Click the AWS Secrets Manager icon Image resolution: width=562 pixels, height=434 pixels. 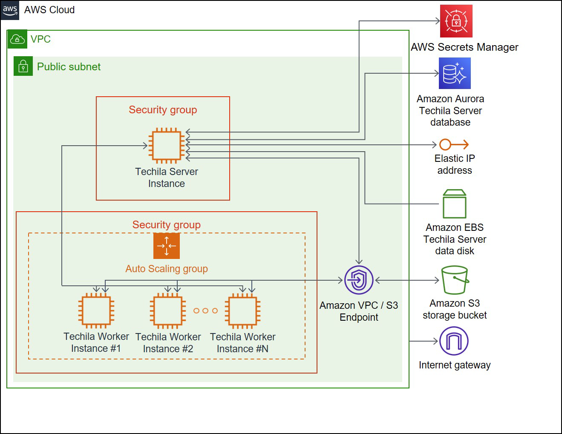456,21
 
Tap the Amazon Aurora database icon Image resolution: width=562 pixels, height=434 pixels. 454,73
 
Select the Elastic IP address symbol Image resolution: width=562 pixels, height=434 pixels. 454,145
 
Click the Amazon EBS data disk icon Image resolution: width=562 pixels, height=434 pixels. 454,204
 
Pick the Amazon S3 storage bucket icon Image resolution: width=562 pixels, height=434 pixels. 455,280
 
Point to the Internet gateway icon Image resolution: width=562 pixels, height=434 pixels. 454,341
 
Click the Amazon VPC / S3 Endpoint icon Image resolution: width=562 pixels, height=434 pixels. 359,280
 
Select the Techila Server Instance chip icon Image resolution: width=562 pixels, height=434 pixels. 166,146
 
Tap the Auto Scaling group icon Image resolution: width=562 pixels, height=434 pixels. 166,246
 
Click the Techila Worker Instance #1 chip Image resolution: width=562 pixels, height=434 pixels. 96,311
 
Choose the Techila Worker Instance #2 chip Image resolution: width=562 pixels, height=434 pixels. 167,311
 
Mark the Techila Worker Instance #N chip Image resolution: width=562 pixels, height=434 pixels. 242,311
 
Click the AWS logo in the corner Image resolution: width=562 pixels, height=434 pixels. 10,10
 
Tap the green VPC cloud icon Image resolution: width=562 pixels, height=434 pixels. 17,39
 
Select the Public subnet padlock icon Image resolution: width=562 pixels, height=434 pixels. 23,66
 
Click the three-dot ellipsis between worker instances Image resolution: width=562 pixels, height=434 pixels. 205,311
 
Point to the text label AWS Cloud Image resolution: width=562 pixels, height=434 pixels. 49,10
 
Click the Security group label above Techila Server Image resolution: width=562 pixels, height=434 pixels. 163,110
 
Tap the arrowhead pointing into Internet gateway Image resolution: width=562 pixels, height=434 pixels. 435,341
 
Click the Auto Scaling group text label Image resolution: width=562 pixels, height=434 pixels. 167,269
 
